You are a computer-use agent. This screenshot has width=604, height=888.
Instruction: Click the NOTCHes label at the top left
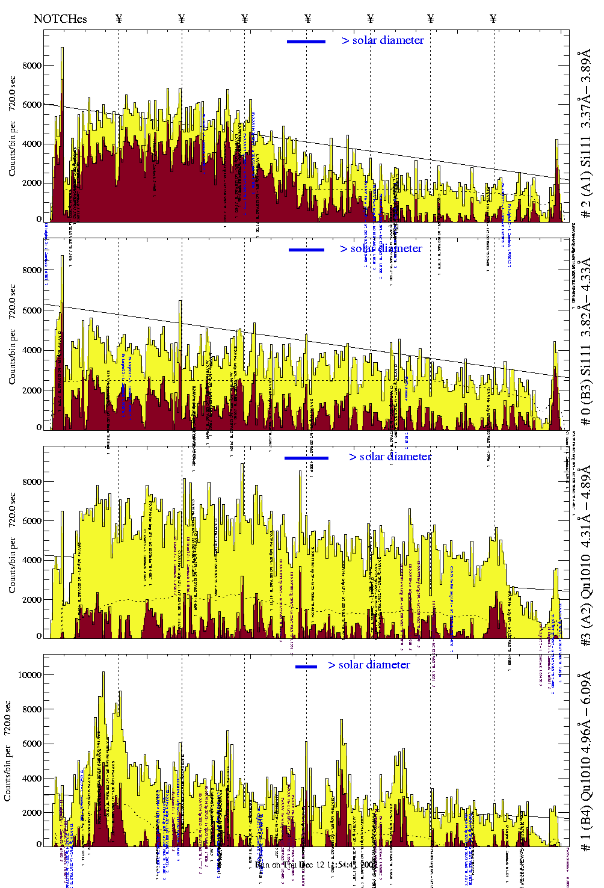click(60, 19)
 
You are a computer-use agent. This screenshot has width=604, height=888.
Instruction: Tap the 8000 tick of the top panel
click(32, 66)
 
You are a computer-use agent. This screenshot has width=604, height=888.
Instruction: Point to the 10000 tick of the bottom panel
click(29, 675)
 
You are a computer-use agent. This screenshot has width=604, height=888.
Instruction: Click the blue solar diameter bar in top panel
click(306, 42)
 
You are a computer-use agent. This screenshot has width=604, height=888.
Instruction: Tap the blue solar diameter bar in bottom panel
click(306, 667)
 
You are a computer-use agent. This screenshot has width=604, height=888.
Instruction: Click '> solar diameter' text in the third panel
click(390, 457)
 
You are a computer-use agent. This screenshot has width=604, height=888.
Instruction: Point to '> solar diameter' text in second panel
click(381, 248)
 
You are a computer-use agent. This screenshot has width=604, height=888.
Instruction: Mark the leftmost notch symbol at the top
click(119, 19)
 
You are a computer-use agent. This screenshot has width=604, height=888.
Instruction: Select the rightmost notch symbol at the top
click(493, 19)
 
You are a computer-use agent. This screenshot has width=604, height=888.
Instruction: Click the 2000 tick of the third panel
click(32, 600)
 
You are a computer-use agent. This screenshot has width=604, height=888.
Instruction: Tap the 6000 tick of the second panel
click(32, 310)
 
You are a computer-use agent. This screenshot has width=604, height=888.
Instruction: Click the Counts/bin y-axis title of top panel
click(12, 126)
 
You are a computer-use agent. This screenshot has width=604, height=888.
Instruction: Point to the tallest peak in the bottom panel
click(103, 674)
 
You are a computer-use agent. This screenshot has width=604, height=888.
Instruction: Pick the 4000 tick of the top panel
click(32, 144)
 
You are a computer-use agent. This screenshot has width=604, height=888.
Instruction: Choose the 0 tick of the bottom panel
click(39, 845)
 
